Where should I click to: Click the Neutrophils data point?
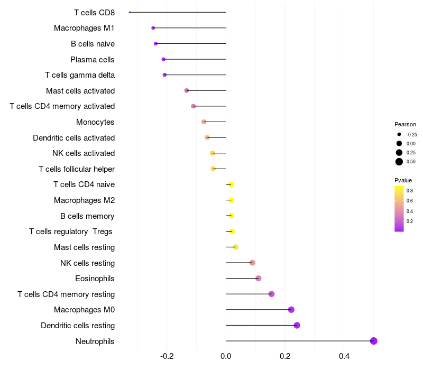(373, 341)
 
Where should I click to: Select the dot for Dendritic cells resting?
(297, 325)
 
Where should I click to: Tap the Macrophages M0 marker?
(291, 310)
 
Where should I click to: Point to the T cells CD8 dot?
(130, 12)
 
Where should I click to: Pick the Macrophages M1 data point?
(153, 27)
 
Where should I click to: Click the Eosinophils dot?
(258, 279)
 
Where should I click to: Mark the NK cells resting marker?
(252, 263)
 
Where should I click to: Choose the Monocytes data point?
(204, 122)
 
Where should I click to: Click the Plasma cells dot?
(163, 59)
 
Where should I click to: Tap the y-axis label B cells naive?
(93, 44)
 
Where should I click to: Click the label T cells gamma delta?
(80, 75)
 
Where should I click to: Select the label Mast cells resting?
(84, 247)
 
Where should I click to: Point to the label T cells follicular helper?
(77, 169)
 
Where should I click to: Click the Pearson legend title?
(405, 124)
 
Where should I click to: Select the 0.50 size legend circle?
(399, 162)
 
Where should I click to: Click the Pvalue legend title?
(403, 180)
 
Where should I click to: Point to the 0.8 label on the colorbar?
(410, 190)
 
